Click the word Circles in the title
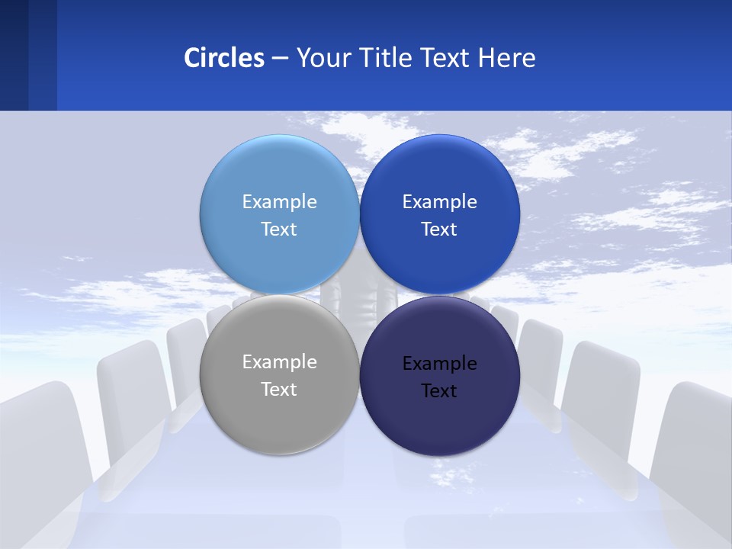tap(223, 58)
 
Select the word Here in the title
tap(507, 58)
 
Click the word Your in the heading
tap(323, 58)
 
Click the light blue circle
tap(279, 175)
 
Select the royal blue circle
tap(440, 175)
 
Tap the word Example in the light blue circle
tap(279, 201)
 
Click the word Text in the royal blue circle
tap(439, 229)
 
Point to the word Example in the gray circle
tap(279, 361)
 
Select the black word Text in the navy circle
tap(439, 390)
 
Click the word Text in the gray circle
tap(279, 389)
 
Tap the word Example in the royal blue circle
tap(439, 201)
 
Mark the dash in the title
tap(280, 58)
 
